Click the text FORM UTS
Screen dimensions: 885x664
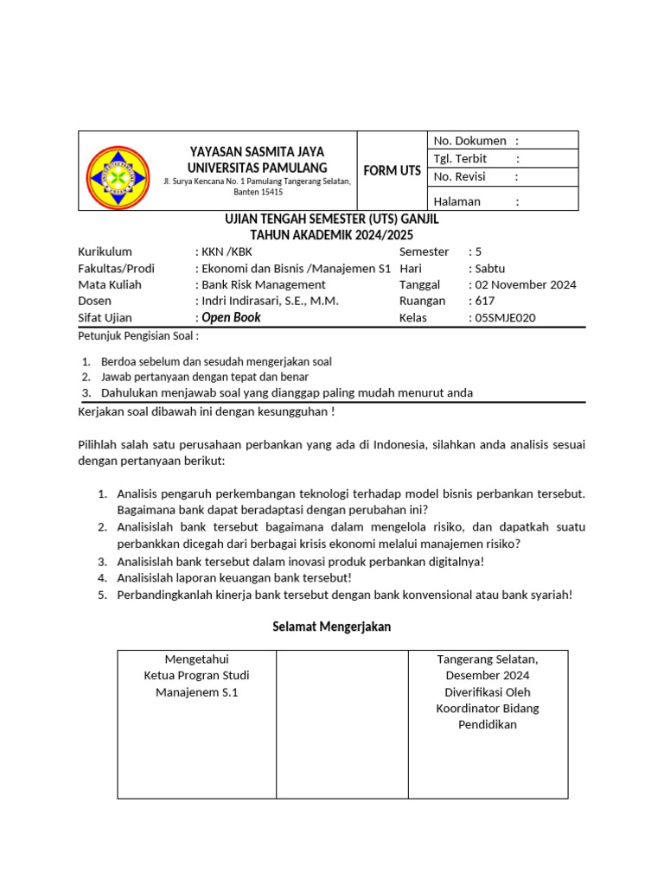point(392,170)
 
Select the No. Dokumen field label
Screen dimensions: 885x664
point(469,141)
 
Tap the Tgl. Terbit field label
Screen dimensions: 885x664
point(460,159)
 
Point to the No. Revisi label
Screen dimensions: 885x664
point(459,177)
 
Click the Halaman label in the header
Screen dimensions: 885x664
point(456,201)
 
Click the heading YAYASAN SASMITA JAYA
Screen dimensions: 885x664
point(258,151)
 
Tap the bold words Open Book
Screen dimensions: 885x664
point(231,317)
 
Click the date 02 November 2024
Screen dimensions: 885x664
point(526,284)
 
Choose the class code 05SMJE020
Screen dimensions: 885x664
point(505,317)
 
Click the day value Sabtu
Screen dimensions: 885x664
point(490,268)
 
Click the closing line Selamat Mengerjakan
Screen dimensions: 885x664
point(332,627)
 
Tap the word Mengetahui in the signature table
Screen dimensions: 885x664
point(196,659)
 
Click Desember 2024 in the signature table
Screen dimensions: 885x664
point(488,676)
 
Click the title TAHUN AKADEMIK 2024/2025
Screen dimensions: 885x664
point(332,235)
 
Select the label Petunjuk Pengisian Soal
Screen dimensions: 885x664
point(138,336)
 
